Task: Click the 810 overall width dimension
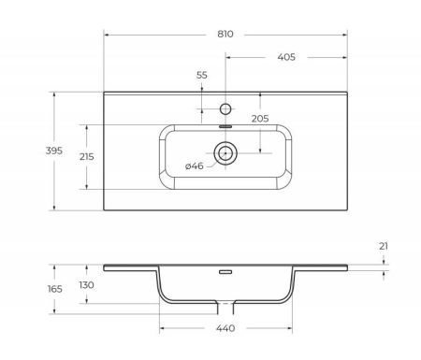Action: pos(225,33)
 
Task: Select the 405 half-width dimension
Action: pos(286,58)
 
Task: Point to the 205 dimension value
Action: pos(261,118)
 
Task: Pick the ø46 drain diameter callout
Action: pos(195,166)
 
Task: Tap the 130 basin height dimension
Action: pos(86,285)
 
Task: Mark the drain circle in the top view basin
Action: pos(225,151)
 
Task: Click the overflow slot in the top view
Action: pos(225,124)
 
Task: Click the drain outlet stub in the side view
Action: pos(225,308)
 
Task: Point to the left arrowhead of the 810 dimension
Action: pos(106,33)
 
